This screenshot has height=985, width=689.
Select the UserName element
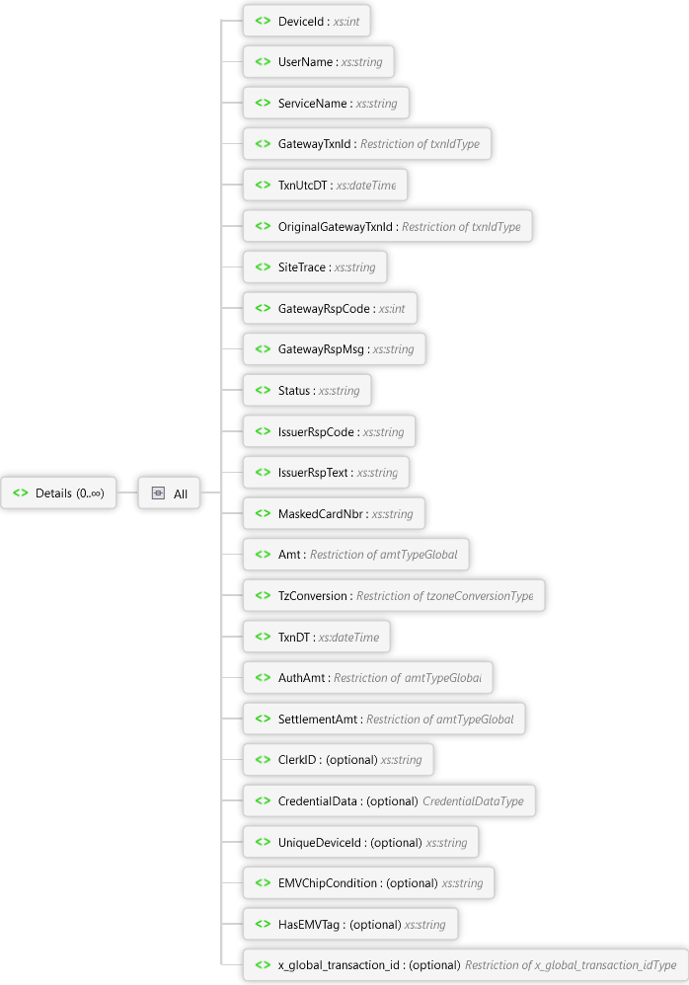(x=318, y=62)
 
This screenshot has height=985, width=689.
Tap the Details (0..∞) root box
(x=58, y=493)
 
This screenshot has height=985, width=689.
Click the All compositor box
(x=169, y=493)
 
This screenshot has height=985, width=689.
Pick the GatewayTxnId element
(x=366, y=144)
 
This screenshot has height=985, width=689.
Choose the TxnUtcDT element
(x=325, y=186)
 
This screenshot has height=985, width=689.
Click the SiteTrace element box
(x=315, y=267)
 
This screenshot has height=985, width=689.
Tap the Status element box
(x=307, y=391)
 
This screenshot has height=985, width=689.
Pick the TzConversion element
(x=393, y=596)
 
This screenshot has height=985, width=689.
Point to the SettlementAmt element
(x=384, y=720)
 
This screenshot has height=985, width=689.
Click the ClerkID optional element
(x=338, y=760)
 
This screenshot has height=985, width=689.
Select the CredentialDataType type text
(x=473, y=801)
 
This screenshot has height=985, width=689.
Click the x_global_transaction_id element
(x=464, y=965)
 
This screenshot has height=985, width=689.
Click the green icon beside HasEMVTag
(x=263, y=925)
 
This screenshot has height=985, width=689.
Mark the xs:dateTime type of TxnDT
(x=348, y=638)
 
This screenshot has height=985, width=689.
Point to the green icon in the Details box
(x=21, y=493)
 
